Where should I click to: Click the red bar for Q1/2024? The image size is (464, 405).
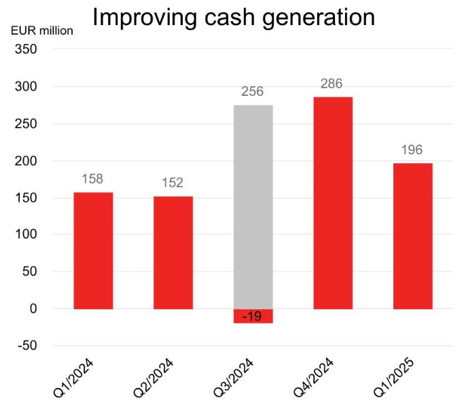pyautogui.click(x=93, y=251)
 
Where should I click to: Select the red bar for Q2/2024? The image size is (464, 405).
pyautogui.click(x=173, y=253)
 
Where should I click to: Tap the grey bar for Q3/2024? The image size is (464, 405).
pyautogui.click(x=253, y=207)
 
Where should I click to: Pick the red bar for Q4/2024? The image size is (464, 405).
pyautogui.click(x=332, y=203)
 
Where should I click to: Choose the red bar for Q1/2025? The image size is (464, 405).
pyautogui.click(x=412, y=236)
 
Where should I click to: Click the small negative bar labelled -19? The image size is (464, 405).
pyautogui.click(x=253, y=316)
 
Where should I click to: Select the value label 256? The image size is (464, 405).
pyautogui.click(x=252, y=92)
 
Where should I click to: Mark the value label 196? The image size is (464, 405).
pyautogui.click(x=412, y=150)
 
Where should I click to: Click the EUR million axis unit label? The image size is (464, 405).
pyautogui.click(x=41, y=31)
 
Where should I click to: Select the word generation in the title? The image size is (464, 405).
pyautogui.click(x=319, y=17)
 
